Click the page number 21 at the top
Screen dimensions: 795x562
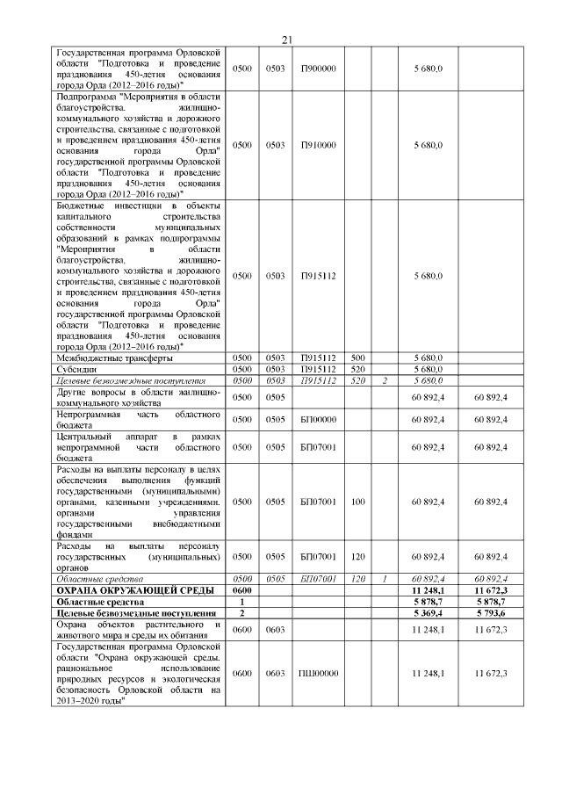click(286, 40)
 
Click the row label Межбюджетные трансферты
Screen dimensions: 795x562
click(114, 358)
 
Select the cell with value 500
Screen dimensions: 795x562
click(357, 358)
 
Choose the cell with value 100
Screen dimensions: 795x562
click(357, 501)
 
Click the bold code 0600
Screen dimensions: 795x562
click(242, 590)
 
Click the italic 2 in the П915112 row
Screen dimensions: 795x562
click(385, 381)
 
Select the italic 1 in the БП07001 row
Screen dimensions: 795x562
click(385, 579)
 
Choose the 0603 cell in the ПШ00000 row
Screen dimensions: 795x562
click(276, 673)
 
